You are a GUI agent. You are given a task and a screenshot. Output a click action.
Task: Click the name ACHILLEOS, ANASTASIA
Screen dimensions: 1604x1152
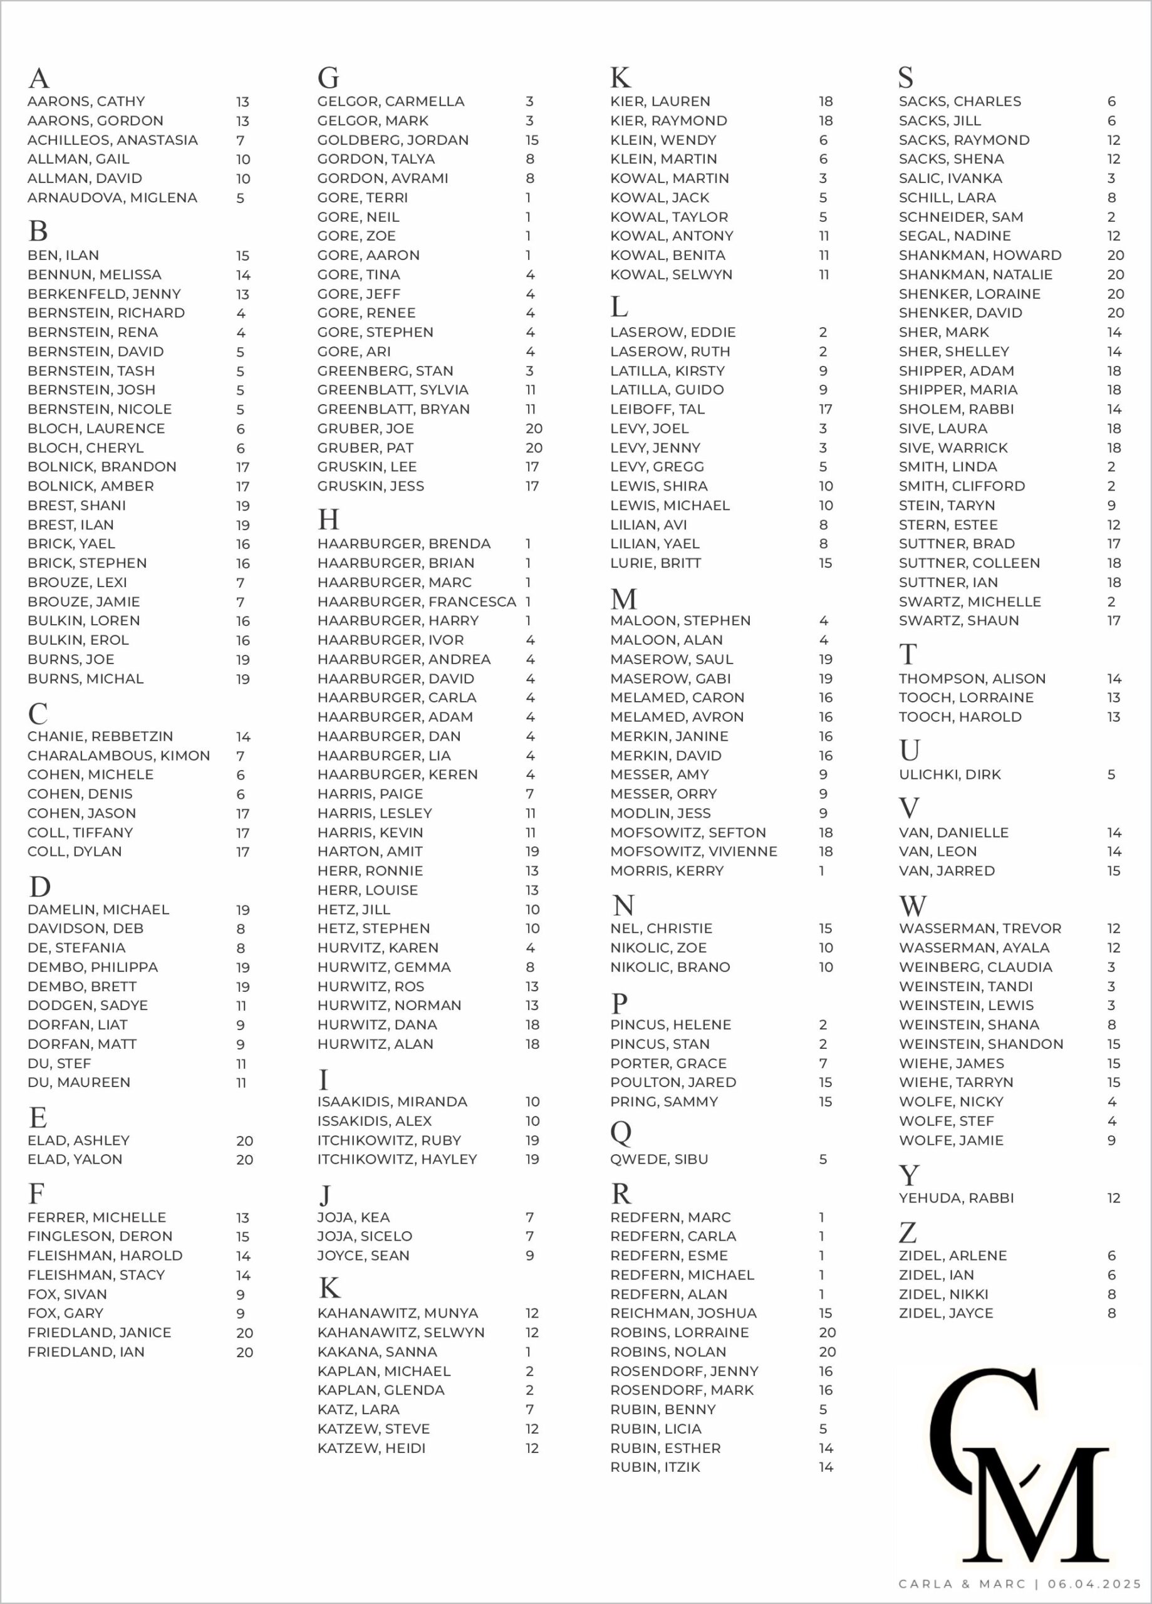(112, 140)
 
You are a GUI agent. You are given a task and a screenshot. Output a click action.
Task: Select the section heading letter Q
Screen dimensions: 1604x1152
(620, 1133)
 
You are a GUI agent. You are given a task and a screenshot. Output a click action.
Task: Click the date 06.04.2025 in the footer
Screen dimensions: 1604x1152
(1094, 1584)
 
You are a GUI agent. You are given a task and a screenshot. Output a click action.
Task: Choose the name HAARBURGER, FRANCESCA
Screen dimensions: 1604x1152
(417, 602)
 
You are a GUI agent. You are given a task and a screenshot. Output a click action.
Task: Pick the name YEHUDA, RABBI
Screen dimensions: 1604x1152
(956, 1198)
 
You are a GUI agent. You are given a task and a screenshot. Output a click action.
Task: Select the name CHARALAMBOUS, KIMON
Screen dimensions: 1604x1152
(119, 756)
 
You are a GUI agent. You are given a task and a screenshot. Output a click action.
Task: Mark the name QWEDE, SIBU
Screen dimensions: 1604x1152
(659, 1159)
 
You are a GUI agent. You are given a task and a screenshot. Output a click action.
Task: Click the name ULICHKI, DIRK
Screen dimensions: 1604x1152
(950, 775)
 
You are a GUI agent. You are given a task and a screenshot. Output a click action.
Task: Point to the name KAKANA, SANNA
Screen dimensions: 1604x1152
(377, 1352)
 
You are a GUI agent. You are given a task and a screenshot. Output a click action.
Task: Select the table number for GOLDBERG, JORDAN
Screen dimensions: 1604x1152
(532, 140)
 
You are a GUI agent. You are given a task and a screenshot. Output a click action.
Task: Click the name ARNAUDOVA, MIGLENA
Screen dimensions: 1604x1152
(112, 198)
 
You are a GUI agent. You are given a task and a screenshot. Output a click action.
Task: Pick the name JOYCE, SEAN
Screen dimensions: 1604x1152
(363, 1256)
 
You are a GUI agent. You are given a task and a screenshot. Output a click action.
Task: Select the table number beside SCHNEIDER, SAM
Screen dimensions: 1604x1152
(1111, 217)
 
